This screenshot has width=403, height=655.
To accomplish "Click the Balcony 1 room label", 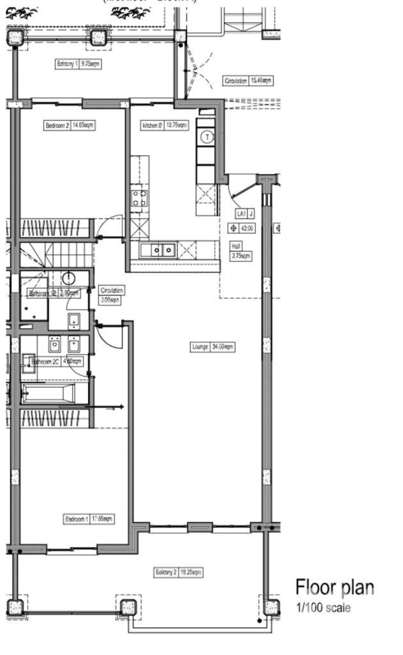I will click(67, 64).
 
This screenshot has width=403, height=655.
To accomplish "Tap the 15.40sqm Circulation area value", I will click(261, 81).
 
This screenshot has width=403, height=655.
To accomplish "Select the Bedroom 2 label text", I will click(57, 126).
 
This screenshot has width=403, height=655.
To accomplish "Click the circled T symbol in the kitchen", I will click(207, 137).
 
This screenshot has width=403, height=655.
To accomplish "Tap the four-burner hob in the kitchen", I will click(139, 198).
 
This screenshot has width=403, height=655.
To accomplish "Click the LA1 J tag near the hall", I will click(245, 214).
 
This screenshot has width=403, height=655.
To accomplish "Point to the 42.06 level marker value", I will click(247, 229).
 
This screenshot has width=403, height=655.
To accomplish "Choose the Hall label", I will click(236, 246).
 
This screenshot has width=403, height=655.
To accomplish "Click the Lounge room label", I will click(200, 347).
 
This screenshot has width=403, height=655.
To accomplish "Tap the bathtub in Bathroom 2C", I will click(48, 393).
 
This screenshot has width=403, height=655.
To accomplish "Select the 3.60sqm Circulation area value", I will click(109, 300).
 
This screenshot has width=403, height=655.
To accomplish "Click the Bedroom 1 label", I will click(77, 519).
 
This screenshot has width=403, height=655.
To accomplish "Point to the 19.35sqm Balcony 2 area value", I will click(191, 573).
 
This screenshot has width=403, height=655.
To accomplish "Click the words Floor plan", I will click(334, 587).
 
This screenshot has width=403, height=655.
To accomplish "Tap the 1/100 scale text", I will click(323, 608).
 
